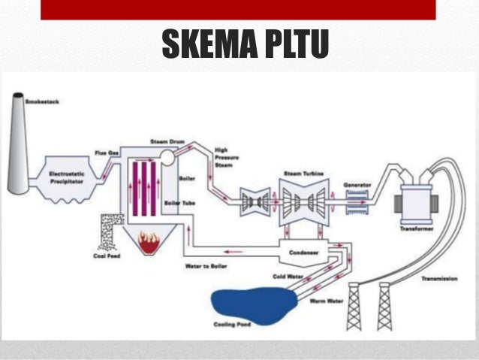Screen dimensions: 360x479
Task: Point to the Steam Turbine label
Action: coord(303,174)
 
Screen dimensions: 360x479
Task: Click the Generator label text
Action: coord(357,184)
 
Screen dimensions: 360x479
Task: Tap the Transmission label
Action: coord(439,278)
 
